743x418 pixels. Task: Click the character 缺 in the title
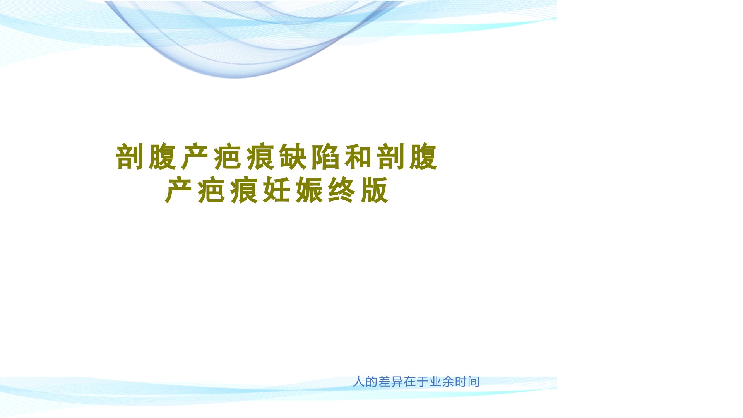click(x=293, y=157)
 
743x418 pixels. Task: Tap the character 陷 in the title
click(x=326, y=157)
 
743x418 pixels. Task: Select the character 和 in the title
click(x=358, y=157)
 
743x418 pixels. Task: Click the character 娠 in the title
click(x=309, y=190)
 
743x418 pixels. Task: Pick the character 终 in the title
click(x=342, y=190)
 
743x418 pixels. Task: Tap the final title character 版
click(x=374, y=190)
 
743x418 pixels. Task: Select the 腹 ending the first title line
click(x=424, y=157)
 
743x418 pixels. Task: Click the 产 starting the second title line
click(x=179, y=190)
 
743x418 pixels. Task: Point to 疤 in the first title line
click(x=228, y=157)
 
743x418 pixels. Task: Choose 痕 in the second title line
click(x=244, y=190)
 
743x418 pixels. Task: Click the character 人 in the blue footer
click(x=359, y=382)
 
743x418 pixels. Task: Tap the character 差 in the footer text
click(x=384, y=382)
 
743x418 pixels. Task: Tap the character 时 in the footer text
click(x=461, y=382)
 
